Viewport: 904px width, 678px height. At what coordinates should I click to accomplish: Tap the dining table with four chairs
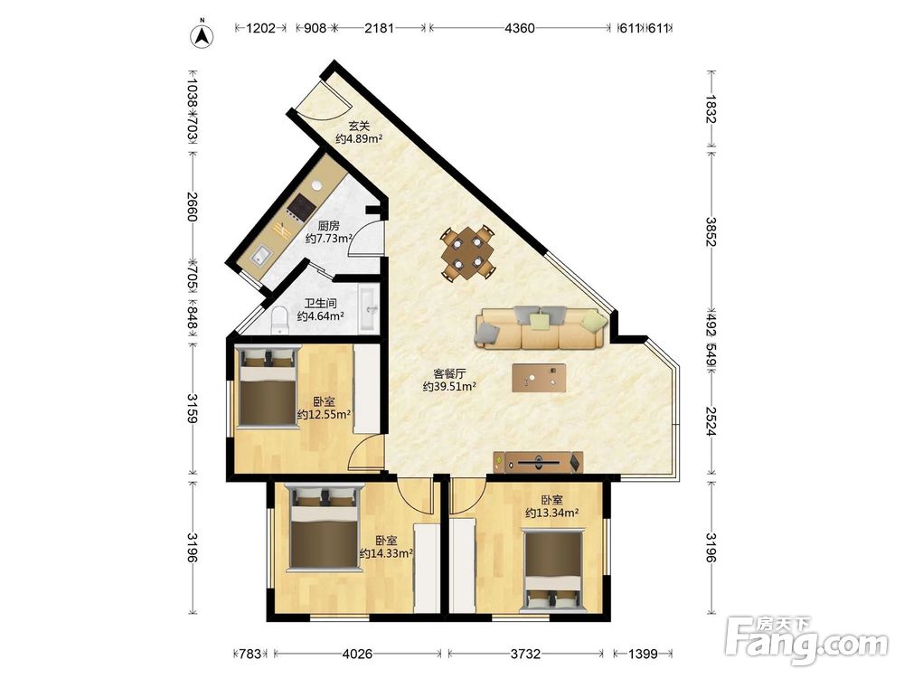pyautogui.click(x=468, y=253)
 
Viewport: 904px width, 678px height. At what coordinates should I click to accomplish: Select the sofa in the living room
pyautogui.click(x=541, y=327)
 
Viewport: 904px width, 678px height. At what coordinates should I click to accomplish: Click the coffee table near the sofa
pyautogui.click(x=539, y=378)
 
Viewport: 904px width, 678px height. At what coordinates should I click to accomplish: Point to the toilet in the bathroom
pyautogui.click(x=279, y=320)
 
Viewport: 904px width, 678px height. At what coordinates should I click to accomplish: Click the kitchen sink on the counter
pyautogui.click(x=260, y=255)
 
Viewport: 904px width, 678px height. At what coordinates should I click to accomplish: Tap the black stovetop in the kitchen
pyautogui.click(x=301, y=206)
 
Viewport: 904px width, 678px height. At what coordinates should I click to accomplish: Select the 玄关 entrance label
pyautogui.click(x=359, y=126)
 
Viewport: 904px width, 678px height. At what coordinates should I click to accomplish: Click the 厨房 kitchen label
pyautogui.click(x=329, y=225)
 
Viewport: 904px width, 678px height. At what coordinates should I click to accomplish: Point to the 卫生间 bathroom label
pyautogui.click(x=321, y=303)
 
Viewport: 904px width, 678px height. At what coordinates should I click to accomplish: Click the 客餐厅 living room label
pyautogui.click(x=449, y=373)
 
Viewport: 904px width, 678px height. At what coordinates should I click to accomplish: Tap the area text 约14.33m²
pyautogui.click(x=386, y=553)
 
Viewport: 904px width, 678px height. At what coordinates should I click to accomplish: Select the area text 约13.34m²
pyautogui.click(x=551, y=513)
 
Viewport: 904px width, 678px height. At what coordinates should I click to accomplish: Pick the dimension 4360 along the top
pyautogui.click(x=520, y=28)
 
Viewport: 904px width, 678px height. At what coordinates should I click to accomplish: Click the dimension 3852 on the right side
pyautogui.click(x=711, y=231)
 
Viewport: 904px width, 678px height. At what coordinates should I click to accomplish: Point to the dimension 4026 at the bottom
pyautogui.click(x=357, y=654)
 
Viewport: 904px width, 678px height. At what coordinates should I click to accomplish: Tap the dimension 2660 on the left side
pyautogui.click(x=193, y=206)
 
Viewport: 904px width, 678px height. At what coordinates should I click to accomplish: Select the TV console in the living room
pyautogui.click(x=539, y=462)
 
